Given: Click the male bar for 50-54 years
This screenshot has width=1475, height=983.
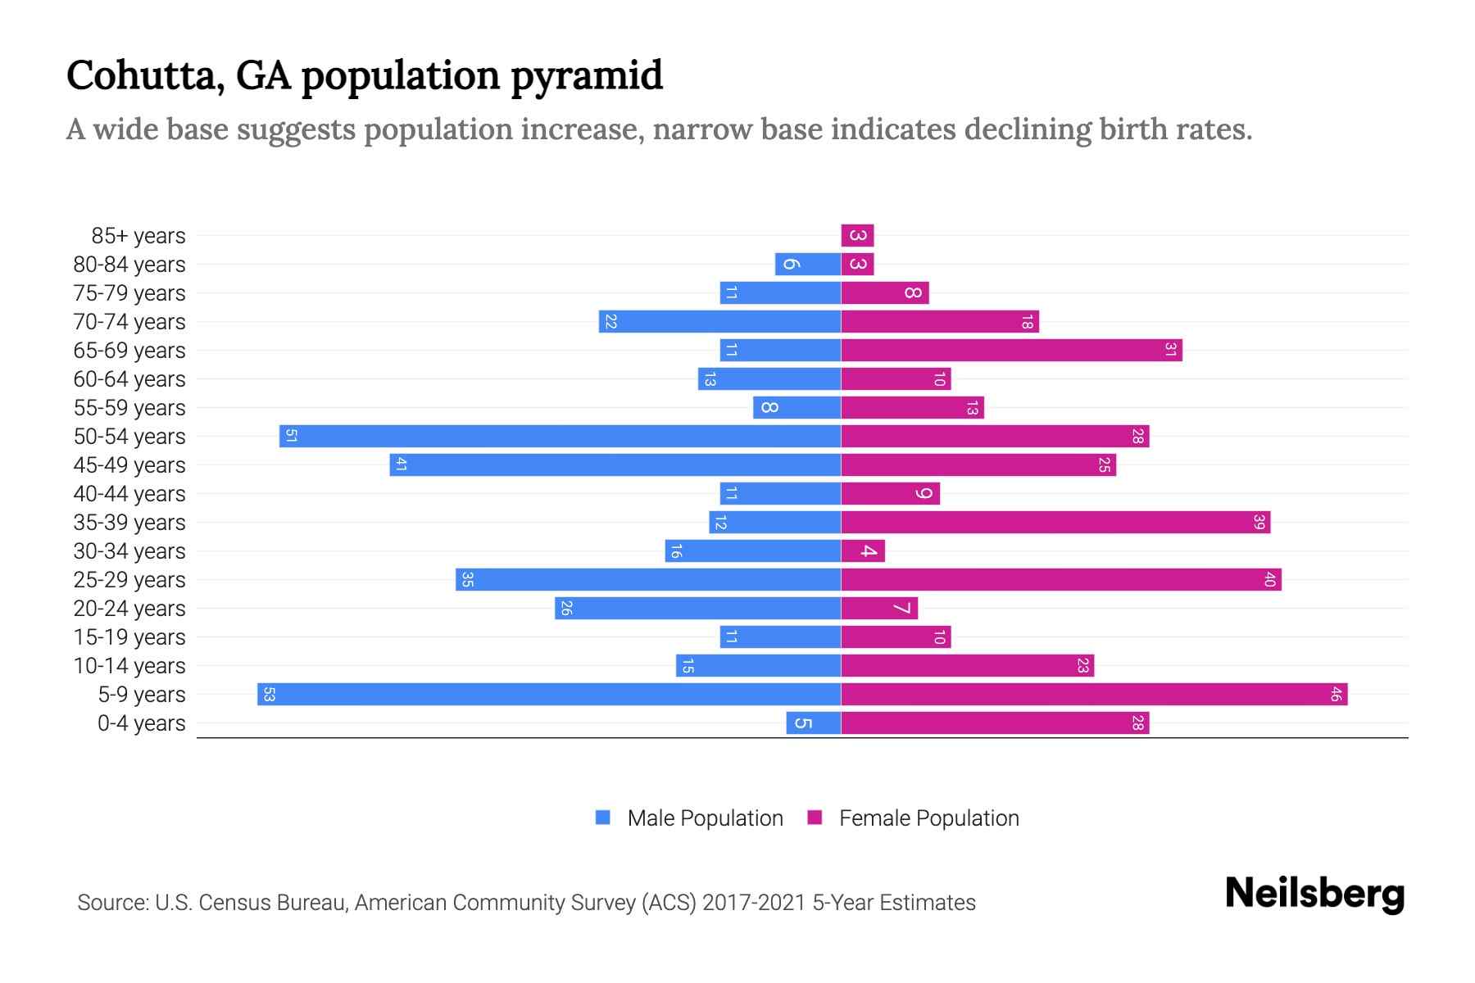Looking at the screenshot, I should [x=560, y=436].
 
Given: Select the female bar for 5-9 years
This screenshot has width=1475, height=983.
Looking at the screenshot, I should [x=1094, y=694].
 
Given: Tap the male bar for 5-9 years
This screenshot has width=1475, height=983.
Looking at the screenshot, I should [x=549, y=694].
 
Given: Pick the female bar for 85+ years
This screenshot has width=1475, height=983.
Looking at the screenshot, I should [x=857, y=235].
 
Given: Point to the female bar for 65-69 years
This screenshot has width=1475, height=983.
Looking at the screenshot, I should [x=1011, y=350].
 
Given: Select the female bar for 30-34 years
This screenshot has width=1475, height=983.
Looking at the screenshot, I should [x=863, y=550].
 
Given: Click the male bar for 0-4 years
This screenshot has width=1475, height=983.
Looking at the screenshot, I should [x=813, y=723].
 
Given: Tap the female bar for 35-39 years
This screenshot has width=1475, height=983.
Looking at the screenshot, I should [x=1055, y=522].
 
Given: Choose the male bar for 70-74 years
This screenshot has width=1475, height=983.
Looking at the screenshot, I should [x=719, y=321].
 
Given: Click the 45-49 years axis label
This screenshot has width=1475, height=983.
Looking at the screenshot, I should [x=129, y=464].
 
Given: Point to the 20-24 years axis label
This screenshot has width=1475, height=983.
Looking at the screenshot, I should [x=129, y=608].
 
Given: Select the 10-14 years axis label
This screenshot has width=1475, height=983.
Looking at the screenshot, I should [x=129, y=665].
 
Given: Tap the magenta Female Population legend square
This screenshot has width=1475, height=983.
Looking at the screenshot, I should [x=815, y=818].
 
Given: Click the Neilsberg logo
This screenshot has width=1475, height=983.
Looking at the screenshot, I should [x=1314, y=893].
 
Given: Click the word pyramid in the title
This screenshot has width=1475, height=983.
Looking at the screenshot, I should [x=587, y=76].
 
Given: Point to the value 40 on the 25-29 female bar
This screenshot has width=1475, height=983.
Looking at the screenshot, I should [x=1269, y=579].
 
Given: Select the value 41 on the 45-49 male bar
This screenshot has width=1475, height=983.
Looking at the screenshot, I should [x=402, y=464].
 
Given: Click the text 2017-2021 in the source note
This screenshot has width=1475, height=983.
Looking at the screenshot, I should [x=754, y=903].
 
